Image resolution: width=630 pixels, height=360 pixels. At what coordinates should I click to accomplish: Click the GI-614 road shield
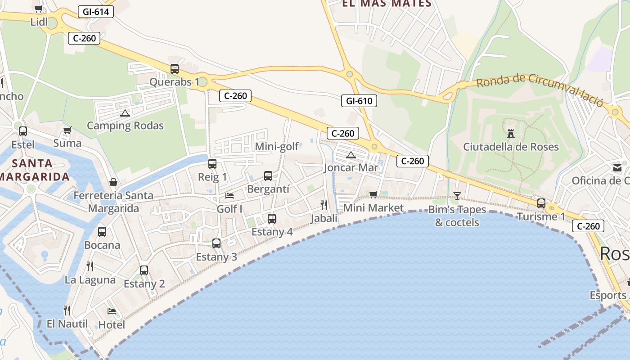tap(96, 12)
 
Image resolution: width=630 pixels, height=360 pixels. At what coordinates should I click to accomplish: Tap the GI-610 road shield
tap(359, 101)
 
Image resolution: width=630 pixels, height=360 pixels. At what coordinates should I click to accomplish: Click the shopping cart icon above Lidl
tap(38, 9)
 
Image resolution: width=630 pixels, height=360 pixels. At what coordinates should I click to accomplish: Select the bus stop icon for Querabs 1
tap(175, 69)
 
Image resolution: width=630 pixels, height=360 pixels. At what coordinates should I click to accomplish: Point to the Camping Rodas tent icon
tap(125, 112)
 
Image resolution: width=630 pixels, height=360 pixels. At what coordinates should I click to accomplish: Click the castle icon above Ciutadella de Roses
tap(511, 134)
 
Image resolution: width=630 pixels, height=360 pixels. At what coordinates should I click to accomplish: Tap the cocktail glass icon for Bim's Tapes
tap(457, 196)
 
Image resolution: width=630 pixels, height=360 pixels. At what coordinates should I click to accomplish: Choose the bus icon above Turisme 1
tap(541, 203)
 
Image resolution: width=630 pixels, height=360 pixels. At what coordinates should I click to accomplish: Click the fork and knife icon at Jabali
tap(324, 205)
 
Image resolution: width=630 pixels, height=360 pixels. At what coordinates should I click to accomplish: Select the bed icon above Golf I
tap(229, 196)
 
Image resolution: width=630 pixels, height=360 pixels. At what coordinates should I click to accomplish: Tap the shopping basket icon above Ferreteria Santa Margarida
tap(113, 182)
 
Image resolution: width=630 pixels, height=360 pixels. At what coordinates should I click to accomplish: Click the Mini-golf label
tap(277, 147)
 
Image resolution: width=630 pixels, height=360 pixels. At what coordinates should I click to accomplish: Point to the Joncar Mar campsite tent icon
tap(351, 155)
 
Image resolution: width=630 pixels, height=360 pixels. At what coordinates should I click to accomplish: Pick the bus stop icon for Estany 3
tap(216, 243)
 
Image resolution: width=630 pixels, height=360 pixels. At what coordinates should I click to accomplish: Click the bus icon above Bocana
tap(102, 232)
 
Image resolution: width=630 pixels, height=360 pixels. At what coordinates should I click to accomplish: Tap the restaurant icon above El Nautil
tap(67, 310)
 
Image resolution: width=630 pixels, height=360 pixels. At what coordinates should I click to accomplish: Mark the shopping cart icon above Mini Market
tap(373, 194)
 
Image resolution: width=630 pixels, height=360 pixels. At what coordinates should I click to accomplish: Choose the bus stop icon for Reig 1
tap(212, 164)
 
